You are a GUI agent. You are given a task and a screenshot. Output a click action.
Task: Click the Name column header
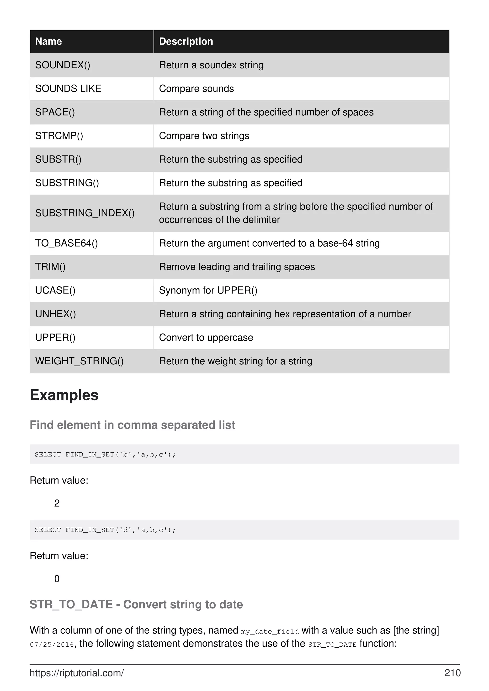pyautogui.click(x=48, y=41)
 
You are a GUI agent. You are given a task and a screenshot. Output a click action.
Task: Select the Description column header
pyautogui.click(x=186, y=41)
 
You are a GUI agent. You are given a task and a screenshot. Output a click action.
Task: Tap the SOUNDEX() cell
pyautogui.click(x=63, y=65)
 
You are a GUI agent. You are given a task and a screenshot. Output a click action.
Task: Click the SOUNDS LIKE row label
pyautogui.click(x=68, y=88)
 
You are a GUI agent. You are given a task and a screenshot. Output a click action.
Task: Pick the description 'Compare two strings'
pyautogui.click(x=204, y=136)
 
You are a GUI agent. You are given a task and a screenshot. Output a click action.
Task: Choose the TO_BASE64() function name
pyautogui.click(x=67, y=243)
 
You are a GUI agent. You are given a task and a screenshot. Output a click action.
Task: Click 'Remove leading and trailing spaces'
pyautogui.click(x=237, y=267)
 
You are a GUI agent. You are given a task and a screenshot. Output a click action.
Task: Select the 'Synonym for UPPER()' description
pyautogui.click(x=208, y=290)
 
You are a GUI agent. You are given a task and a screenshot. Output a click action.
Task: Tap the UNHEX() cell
pyautogui.click(x=55, y=314)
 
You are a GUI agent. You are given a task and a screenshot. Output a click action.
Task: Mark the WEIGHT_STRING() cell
pyautogui.click(x=79, y=361)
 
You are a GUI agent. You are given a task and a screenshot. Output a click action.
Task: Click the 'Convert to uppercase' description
pyautogui.click(x=206, y=338)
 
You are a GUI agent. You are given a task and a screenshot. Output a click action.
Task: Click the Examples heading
pyautogui.click(x=64, y=395)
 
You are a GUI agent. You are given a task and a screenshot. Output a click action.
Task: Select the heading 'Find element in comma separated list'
pyautogui.click(x=132, y=425)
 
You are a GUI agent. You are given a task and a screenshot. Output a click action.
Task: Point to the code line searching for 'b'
pyautogui.click(x=105, y=454)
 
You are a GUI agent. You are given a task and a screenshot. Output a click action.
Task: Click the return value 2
pyautogui.click(x=57, y=503)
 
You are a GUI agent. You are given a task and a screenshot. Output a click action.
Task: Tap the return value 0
pyautogui.click(x=57, y=579)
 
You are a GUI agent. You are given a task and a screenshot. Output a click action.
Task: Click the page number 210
pyautogui.click(x=452, y=673)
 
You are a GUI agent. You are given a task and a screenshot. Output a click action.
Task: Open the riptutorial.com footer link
pyautogui.click(x=77, y=673)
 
